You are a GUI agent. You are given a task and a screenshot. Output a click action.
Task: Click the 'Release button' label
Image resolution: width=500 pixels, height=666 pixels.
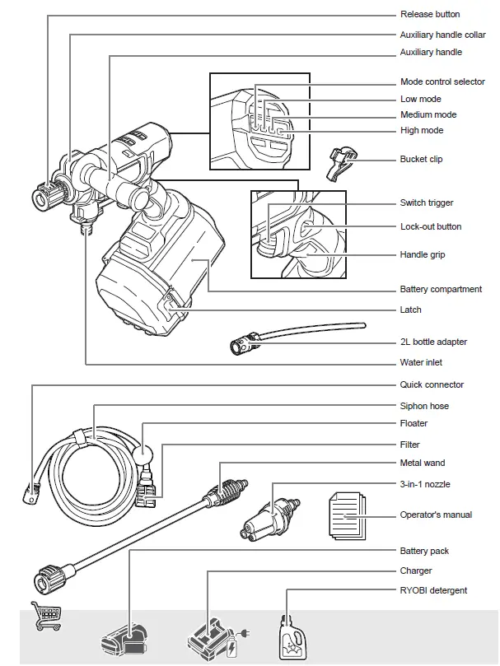click(x=430, y=15)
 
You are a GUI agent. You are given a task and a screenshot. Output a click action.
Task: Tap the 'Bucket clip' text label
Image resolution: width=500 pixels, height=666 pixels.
click(x=421, y=159)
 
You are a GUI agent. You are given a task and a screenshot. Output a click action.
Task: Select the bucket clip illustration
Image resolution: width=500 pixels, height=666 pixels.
click(x=339, y=161)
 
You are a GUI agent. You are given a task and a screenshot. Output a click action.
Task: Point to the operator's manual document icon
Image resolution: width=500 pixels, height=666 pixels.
click(x=347, y=515)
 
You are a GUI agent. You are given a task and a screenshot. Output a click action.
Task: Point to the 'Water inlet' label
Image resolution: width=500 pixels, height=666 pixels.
click(x=422, y=363)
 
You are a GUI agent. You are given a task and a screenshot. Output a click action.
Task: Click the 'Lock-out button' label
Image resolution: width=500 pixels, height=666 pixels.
click(x=431, y=226)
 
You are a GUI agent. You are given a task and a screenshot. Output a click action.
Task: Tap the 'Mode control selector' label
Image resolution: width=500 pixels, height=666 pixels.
click(x=442, y=82)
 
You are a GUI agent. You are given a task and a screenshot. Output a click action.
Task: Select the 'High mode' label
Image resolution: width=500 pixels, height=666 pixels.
click(x=422, y=130)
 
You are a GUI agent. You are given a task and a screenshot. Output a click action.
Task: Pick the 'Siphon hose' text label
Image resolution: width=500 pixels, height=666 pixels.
click(x=424, y=406)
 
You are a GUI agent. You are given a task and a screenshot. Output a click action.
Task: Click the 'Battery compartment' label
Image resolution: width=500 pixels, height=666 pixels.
click(x=441, y=289)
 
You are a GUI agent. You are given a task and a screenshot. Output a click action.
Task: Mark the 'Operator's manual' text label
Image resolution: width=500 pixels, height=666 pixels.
click(x=436, y=515)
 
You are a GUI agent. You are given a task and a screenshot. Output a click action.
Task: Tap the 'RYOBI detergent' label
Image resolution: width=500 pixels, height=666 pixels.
click(x=433, y=590)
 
